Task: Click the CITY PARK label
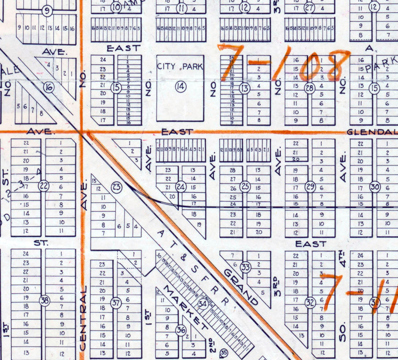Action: coord(180,66)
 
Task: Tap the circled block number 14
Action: coord(180,87)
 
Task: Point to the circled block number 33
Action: coord(246,267)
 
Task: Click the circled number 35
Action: coord(224,352)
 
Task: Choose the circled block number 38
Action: coord(44,300)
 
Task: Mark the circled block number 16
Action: coord(49,87)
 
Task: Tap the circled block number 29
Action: coord(310,187)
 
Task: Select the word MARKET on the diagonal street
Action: coord(185,308)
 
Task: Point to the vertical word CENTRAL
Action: coord(83,318)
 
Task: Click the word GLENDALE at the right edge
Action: coord(372,132)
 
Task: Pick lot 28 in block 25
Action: coord(233,170)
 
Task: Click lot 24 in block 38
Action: coord(26,254)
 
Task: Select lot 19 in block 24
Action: coord(199,225)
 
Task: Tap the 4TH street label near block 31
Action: coord(343,258)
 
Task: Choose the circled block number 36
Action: coord(181,330)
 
